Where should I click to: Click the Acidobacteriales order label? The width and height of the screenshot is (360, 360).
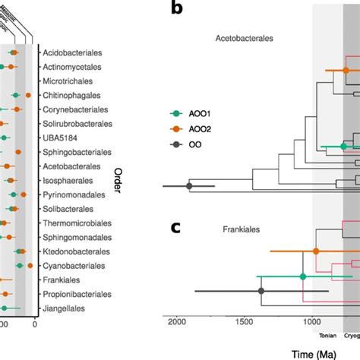(74, 53)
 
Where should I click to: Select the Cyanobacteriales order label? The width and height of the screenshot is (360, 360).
(74, 266)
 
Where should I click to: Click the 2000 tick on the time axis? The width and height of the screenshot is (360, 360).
(177, 322)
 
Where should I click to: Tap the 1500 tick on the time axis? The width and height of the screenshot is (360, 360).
(245, 322)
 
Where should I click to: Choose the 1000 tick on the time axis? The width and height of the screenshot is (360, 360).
(312, 322)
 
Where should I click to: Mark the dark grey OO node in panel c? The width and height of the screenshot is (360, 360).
(261, 291)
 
